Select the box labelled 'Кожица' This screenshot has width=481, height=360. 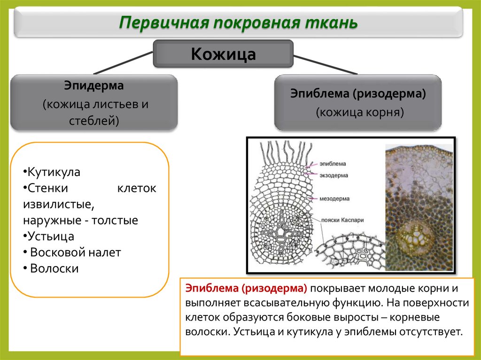click(223, 54)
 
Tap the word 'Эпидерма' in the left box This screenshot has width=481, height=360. click(94, 86)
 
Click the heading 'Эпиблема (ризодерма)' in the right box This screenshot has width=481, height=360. click(358, 94)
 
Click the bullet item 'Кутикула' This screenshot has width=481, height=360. click(53, 172)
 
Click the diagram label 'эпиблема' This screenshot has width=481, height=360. click(333, 164)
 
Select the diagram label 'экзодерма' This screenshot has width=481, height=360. click(334, 175)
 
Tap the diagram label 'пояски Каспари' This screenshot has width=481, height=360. click(342, 220)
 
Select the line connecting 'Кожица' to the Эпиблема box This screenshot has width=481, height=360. click(325, 64)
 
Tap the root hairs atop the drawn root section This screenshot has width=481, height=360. click(286, 151)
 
